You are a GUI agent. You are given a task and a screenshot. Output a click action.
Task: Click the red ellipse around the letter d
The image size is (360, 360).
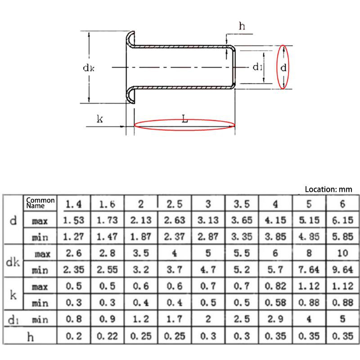tap(283, 67)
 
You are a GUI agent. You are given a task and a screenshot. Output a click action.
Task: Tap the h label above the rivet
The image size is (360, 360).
tap(242, 26)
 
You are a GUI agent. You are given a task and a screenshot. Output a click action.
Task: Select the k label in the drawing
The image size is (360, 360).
tap(100, 119)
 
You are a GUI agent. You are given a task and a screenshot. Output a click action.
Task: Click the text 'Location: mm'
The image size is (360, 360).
tap(328, 189)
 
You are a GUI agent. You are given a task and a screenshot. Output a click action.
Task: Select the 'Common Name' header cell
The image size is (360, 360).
tap(40, 202)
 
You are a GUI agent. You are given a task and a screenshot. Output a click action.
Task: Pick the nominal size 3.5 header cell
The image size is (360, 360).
tap(241, 204)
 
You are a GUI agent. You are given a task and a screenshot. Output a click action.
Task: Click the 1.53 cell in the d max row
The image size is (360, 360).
tap(73, 220)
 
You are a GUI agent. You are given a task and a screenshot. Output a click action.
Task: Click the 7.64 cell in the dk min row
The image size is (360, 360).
tap(309, 270)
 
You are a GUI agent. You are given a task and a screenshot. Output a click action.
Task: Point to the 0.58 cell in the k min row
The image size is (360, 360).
tap(275, 303)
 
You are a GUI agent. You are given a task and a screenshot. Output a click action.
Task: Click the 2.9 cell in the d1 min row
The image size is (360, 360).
tap(275, 319)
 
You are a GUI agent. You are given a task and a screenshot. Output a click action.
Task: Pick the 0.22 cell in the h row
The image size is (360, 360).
tap(107, 336)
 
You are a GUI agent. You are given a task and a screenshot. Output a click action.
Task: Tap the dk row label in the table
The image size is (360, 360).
tap(13, 261)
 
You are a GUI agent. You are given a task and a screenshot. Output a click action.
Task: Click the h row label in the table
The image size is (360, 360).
tap(30, 336)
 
